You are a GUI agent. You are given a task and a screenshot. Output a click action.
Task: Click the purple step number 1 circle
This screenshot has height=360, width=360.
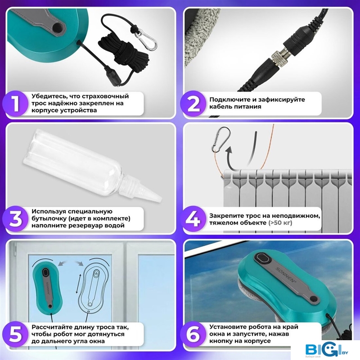click(15, 103)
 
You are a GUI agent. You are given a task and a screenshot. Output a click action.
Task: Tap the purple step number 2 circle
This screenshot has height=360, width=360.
click(193, 103)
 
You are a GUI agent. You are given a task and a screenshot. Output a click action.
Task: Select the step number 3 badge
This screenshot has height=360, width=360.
click(15, 219)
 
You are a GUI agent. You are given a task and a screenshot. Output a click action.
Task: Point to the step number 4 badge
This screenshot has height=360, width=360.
click(193, 219)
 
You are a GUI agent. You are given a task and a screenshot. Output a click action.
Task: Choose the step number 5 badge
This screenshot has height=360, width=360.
click(15, 334)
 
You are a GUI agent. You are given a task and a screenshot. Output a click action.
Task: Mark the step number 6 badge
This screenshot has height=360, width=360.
click(193, 334)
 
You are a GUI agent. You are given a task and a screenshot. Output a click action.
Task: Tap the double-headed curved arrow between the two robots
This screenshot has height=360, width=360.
click(71, 263)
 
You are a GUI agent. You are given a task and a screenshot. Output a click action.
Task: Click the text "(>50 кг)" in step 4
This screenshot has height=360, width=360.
click(280, 223)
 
